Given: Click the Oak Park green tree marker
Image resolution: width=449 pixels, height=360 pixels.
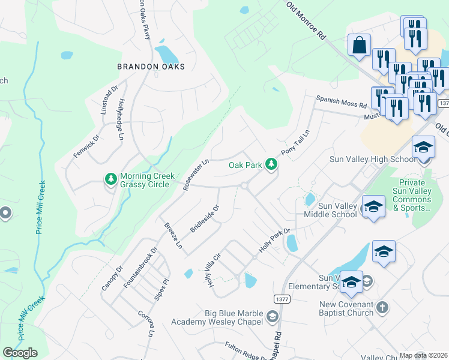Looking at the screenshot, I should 271,164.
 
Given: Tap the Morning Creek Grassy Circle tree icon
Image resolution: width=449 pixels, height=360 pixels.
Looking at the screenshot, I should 110,179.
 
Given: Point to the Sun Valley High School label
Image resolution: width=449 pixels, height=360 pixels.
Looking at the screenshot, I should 372,159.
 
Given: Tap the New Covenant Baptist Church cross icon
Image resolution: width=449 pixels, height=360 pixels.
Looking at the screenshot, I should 382,308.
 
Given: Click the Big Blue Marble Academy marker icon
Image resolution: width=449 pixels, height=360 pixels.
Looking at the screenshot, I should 273,316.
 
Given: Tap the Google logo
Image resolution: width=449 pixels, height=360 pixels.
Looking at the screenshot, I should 20,353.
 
